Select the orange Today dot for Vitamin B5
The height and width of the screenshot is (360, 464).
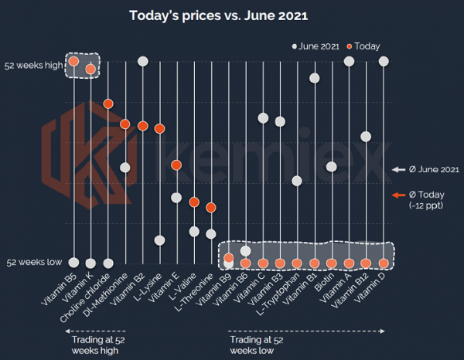click(73, 61)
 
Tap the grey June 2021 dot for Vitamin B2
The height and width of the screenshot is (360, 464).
click(143, 61)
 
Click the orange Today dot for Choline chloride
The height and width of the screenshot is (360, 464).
click(108, 104)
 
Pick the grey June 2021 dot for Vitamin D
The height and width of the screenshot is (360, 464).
click(384, 61)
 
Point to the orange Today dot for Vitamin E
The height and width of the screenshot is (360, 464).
click(176, 165)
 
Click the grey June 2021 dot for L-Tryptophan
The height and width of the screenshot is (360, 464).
click(297, 181)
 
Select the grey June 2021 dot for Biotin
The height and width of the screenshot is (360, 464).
click(332, 166)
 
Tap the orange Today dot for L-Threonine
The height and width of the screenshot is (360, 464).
click(211, 207)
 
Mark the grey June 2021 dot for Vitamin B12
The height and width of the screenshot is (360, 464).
click(366, 137)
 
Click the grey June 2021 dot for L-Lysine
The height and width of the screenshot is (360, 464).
click(159, 240)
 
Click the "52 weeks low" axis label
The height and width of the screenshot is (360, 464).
click(33, 263)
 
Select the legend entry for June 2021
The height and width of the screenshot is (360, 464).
click(317, 46)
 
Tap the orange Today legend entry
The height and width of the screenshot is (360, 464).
click(364, 46)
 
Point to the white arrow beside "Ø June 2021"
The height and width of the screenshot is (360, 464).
click(399, 169)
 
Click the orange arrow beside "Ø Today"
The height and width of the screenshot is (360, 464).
click(399, 195)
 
